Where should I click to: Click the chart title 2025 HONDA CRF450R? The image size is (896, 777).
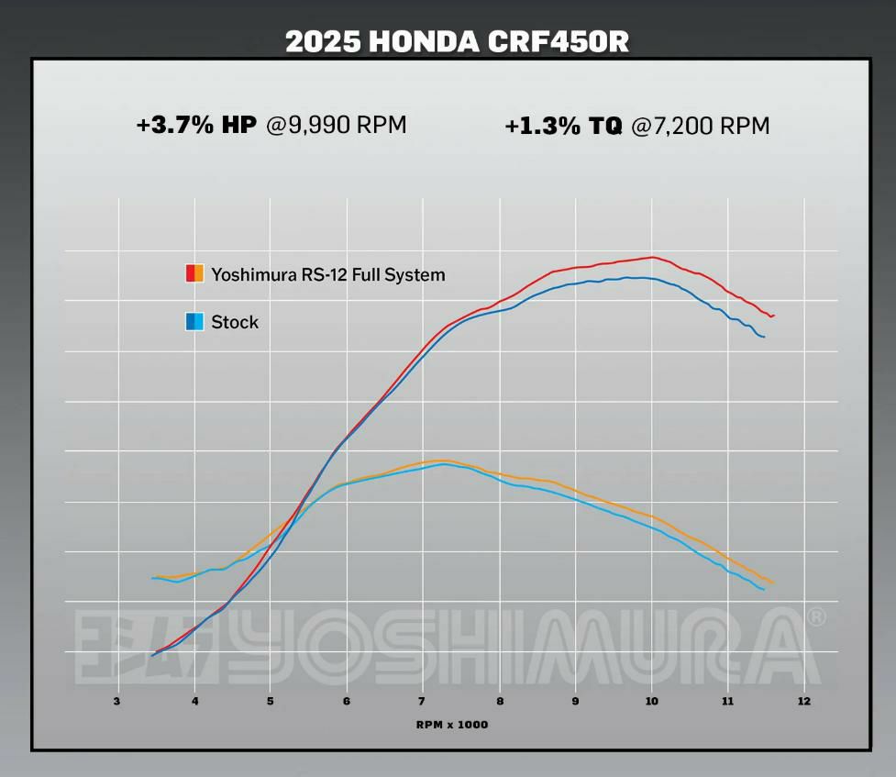(457, 41)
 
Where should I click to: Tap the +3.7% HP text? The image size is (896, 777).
(196, 126)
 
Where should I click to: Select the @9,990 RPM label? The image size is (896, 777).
(336, 126)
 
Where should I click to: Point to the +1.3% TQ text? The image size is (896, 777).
(563, 127)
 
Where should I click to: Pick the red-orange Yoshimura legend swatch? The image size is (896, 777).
(194, 273)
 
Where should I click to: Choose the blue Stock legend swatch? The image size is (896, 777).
(194, 322)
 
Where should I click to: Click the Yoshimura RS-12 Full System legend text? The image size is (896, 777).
(327, 274)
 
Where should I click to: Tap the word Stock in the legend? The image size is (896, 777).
(235, 322)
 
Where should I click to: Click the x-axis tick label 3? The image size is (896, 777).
(117, 702)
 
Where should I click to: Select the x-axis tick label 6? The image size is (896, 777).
(347, 702)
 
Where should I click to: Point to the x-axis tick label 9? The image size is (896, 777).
(575, 702)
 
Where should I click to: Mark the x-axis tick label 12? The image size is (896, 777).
(803, 702)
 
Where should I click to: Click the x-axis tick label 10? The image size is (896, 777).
(651, 702)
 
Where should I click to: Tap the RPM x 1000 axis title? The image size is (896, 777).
(452, 725)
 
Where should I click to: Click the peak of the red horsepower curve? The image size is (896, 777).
(652, 257)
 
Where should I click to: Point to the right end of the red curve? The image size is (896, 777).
(773, 316)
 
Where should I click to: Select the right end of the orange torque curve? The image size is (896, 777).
(772, 583)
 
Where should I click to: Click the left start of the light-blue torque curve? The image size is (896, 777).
(152, 578)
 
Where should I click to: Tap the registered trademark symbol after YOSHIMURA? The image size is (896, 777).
(815, 617)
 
